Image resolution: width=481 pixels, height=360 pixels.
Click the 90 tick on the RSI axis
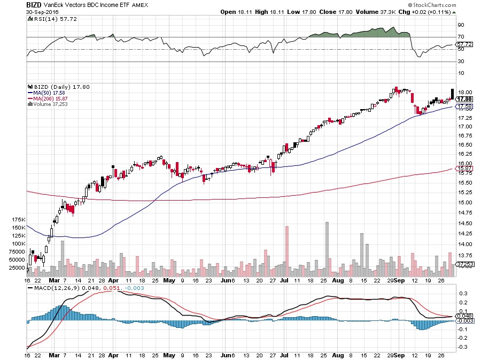click(x=460, y=25)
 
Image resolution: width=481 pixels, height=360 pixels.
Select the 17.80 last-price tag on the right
click(x=464, y=99)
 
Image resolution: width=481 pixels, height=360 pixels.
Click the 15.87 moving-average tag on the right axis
click(x=463, y=169)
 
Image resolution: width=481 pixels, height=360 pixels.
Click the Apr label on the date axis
click(x=113, y=280)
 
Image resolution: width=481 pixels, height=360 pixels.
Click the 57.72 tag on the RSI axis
click(x=463, y=44)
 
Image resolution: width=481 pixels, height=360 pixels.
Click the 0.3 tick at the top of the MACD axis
click(x=461, y=294)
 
